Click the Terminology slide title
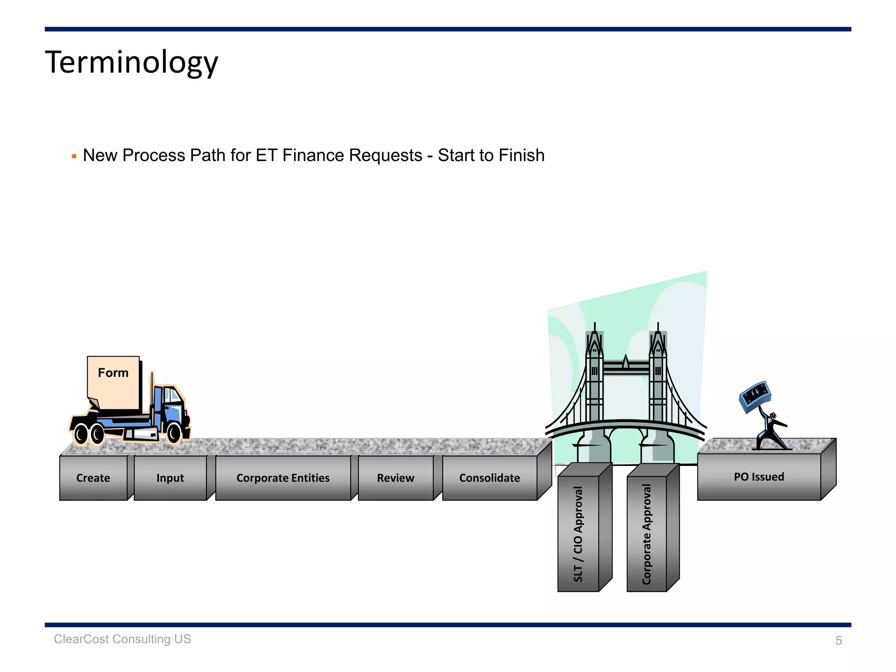[x=131, y=62]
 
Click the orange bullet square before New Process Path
[x=74, y=156]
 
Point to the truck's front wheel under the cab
[x=174, y=433]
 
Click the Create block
[x=93, y=478]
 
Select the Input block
[x=170, y=478]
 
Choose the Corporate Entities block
[x=283, y=478]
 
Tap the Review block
[x=395, y=478]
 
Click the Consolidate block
[x=490, y=478]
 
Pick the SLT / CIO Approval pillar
[x=578, y=534]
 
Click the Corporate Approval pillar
[x=647, y=534]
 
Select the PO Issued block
[x=759, y=476]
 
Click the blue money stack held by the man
[x=755, y=395]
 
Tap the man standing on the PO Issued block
[x=771, y=431]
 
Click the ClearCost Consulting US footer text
[x=122, y=639]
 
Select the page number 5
[x=838, y=640]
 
